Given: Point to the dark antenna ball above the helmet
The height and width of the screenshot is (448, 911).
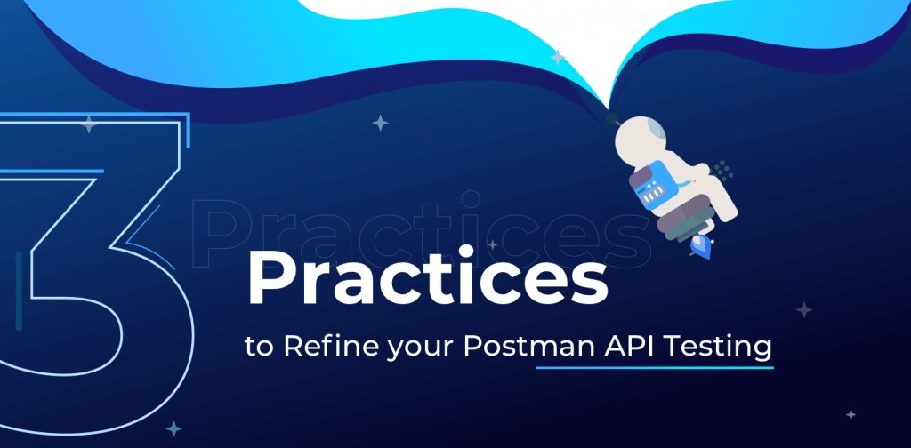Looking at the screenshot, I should [x=610, y=116].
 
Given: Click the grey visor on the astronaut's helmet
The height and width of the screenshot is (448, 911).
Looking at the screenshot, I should [x=654, y=130].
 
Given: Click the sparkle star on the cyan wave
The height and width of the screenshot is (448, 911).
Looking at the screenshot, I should [x=557, y=58].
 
